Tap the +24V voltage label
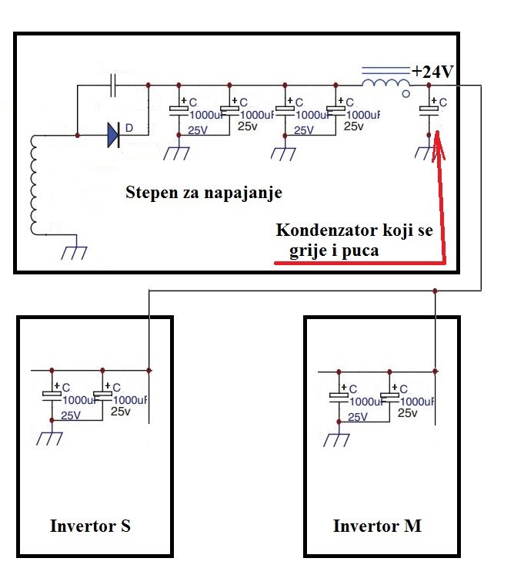pos(433,72)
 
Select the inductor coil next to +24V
pos(385,83)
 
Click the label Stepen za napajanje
pos(203,193)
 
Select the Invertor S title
pos(90,526)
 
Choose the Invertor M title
pos(377,526)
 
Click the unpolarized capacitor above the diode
pos(114,86)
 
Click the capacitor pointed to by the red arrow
pos(429,110)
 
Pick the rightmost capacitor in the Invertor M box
pos(392,395)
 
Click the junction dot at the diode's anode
pos(78,136)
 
